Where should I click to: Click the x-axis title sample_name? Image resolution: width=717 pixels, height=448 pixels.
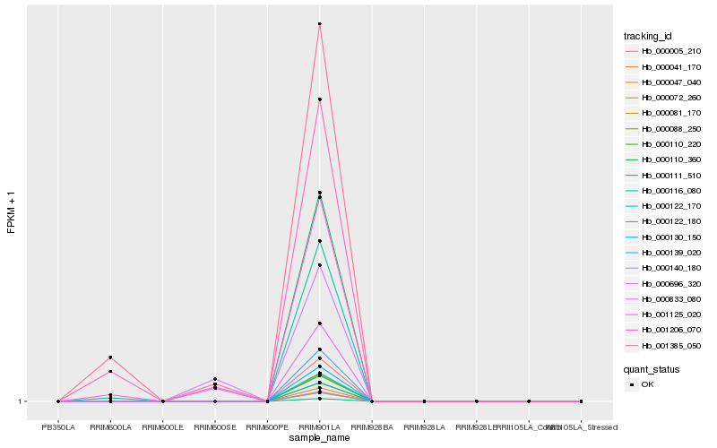coord(319,437)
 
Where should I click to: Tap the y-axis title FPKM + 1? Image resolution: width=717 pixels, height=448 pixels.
coord(12,212)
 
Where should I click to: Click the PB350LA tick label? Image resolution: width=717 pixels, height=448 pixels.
coord(58,426)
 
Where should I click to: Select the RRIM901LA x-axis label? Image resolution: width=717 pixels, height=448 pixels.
coord(319,426)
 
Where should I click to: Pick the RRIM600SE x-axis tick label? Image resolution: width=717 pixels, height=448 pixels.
coord(215,426)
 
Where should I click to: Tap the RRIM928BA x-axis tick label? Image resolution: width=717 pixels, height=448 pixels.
coord(372,426)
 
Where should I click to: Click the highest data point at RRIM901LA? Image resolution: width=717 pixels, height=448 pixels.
coord(319,24)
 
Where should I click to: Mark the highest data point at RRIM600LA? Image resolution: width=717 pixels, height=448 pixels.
coord(110,358)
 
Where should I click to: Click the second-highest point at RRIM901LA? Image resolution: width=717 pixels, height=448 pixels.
coord(319,99)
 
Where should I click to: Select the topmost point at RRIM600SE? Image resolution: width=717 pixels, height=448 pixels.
coord(215,379)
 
